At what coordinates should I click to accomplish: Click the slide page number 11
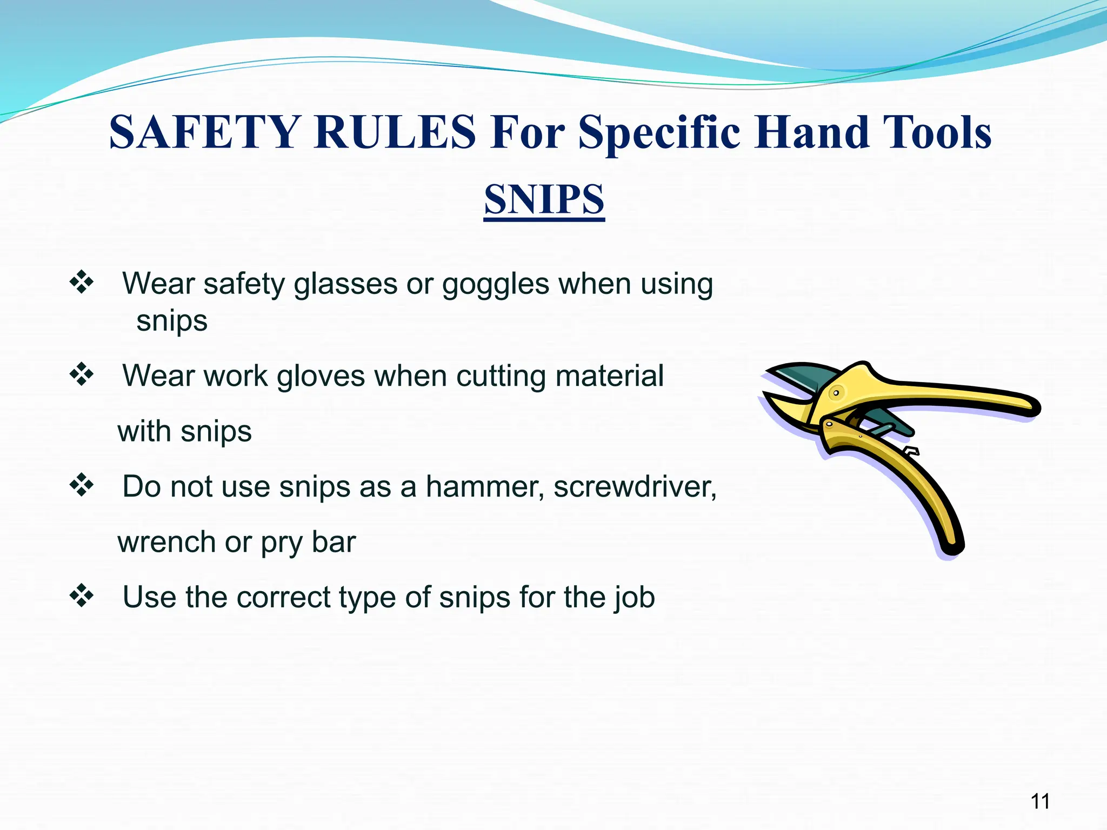[x=1040, y=801]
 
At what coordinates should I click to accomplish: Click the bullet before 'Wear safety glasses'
[x=82, y=282]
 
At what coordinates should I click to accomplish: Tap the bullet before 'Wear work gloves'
[x=82, y=374]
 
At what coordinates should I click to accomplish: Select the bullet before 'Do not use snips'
[x=82, y=485]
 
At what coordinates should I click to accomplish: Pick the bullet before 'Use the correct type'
[x=82, y=595]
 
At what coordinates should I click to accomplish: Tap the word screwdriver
[x=635, y=486]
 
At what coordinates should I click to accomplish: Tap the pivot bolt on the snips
[x=836, y=393]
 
